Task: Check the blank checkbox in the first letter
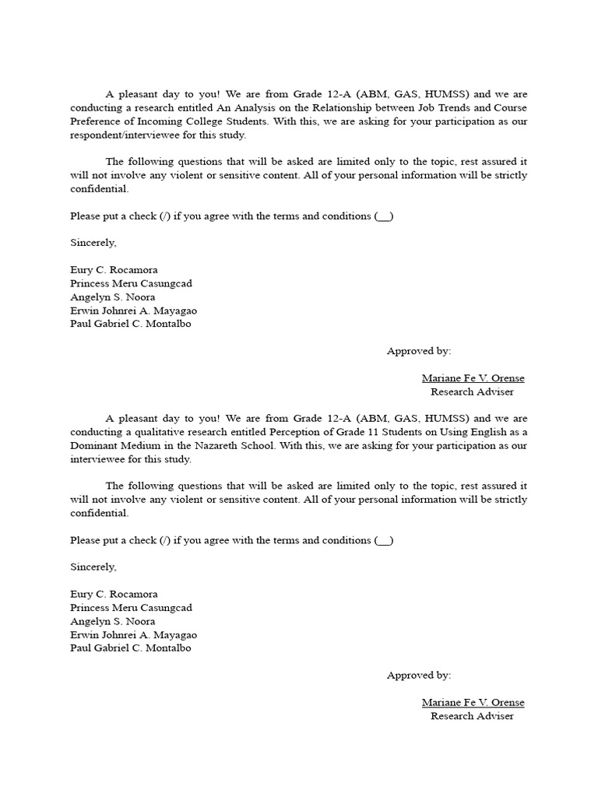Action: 384,216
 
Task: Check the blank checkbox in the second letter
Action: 384,540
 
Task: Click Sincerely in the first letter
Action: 93,243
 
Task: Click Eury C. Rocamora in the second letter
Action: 114,594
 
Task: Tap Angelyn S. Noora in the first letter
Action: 112,297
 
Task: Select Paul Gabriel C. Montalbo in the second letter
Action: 130,648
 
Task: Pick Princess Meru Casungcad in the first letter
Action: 131,283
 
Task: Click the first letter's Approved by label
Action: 418,351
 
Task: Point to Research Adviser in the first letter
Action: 472,391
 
